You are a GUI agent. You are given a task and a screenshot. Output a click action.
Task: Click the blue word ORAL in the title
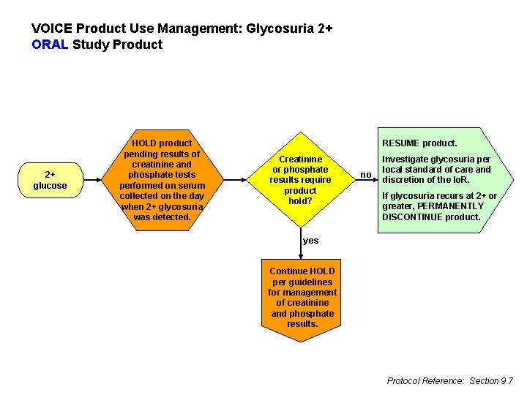(50, 45)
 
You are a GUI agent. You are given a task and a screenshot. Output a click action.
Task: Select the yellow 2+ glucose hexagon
(50, 180)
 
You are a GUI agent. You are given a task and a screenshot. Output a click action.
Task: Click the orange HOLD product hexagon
(161, 180)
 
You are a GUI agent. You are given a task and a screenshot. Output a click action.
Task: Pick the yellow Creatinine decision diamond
(300, 180)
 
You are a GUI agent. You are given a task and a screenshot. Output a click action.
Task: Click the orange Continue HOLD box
(302, 298)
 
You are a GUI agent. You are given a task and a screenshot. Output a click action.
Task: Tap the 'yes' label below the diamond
(310, 241)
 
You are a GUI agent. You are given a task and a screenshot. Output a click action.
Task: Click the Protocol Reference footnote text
(449, 380)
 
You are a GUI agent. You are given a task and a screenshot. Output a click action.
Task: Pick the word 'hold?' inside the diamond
(300, 200)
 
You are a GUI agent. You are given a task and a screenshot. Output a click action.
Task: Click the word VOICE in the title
(52, 29)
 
